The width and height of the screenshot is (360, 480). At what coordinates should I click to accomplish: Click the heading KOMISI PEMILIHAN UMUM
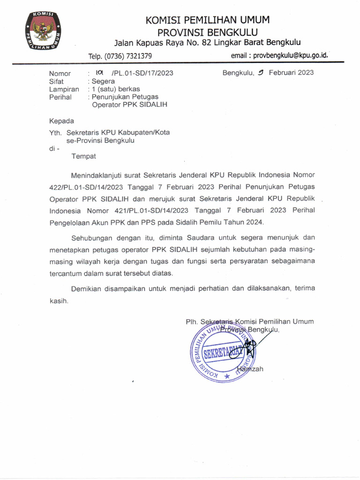pos(208,20)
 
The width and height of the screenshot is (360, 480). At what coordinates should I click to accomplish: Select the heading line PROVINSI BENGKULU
pos(208,32)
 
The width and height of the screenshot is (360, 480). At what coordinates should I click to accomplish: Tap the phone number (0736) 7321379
pos(120,56)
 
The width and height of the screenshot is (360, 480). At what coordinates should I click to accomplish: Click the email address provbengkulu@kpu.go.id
pos(279,56)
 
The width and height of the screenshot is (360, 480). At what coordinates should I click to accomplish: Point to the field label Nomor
pos(60,73)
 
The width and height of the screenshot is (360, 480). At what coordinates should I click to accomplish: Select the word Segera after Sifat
pos(103,81)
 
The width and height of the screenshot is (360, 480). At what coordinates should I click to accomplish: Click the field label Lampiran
pos(64,89)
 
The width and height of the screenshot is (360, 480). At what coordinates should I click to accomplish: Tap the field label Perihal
pos(60,97)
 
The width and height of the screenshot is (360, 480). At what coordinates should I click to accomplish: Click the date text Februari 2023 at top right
pos(291,73)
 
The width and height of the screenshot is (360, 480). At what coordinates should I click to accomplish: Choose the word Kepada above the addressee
pos(61,121)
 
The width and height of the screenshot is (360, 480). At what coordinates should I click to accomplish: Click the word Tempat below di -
pos(83,156)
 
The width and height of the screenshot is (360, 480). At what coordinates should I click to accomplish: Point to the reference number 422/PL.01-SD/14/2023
pos(82,187)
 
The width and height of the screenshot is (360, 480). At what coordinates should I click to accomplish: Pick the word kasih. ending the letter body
pos(59,300)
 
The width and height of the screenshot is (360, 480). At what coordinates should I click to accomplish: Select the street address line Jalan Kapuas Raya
pos(208,43)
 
